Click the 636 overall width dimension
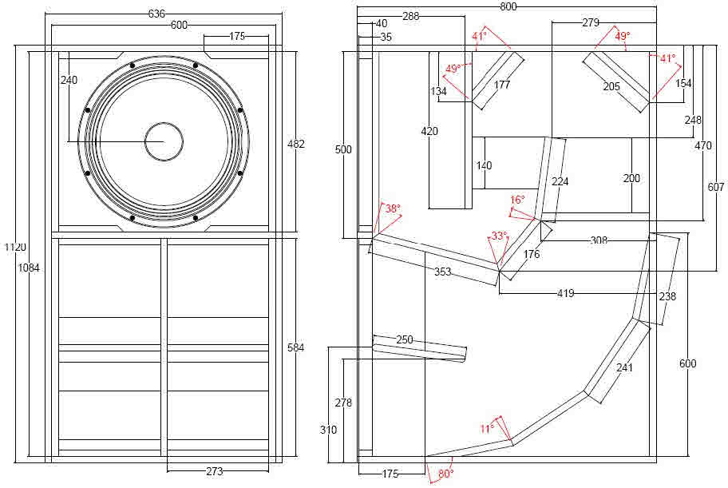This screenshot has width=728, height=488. (157, 14)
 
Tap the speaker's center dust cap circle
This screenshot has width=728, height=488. (164, 141)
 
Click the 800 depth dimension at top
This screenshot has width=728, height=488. (508, 6)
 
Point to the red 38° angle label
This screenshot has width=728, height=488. (392, 208)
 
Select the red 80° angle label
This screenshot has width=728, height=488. (445, 474)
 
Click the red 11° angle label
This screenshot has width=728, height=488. (487, 429)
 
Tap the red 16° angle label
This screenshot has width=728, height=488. (517, 200)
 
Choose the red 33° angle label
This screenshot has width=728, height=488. (498, 236)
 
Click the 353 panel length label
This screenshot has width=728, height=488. (443, 272)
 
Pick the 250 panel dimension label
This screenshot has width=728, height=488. (405, 340)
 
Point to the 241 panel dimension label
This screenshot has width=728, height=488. (624, 367)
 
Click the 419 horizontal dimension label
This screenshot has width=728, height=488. (566, 294)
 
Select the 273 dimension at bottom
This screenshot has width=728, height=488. (214, 471)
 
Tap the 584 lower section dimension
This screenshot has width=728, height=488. (296, 347)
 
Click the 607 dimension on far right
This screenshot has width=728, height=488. (716, 187)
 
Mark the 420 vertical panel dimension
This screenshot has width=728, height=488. (429, 131)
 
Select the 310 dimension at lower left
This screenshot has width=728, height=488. (327, 430)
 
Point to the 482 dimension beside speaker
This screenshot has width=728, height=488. (296, 144)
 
